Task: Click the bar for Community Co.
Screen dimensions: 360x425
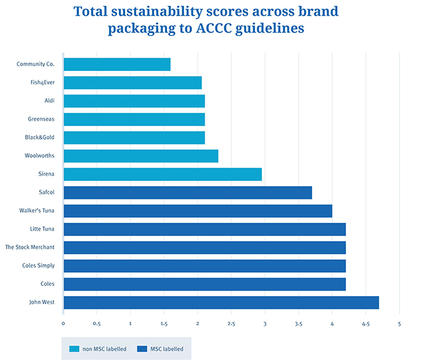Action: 117,64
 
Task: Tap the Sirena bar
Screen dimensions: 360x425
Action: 162,174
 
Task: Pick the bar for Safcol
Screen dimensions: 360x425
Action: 187,192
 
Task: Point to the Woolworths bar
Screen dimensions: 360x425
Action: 140,156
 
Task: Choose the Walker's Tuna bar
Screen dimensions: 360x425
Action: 197,211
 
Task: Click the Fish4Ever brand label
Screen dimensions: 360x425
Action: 41,83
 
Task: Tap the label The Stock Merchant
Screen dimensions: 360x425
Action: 30,247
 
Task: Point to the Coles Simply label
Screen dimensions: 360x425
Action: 38,265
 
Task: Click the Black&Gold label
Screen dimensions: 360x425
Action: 40,137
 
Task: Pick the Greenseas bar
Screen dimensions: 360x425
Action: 134,119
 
